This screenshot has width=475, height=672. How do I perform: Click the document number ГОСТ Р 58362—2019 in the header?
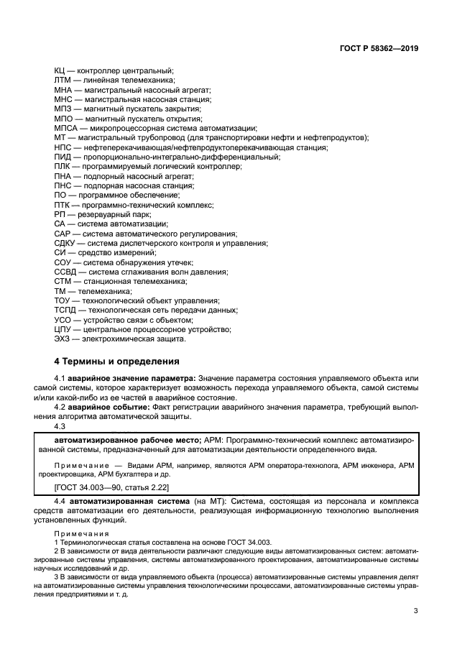pyautogui.click(x=379, y=49)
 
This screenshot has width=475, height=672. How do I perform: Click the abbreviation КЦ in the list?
pyautogui.click(x=60, y=71)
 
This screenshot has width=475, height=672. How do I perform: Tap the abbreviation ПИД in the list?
pyautogui.click(x=63, y=157)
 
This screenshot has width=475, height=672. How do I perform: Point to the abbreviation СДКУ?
pyautogui.click(x=65, y=244)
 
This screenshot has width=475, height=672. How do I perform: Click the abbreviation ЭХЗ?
pyautogui.click(x=63, y=339)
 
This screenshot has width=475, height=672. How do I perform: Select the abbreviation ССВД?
pyautogui.click(x=65, y=272)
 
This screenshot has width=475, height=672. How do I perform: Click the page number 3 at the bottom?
pyautogui.click(x=416, y=611)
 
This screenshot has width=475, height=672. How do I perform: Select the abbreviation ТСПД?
pyautogui.click(x=65, y=310)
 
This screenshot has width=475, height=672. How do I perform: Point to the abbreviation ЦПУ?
pyautogui.click(x=63, y=330)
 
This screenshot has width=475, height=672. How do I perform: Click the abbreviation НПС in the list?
pyautogui.click(x=63, y=147)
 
